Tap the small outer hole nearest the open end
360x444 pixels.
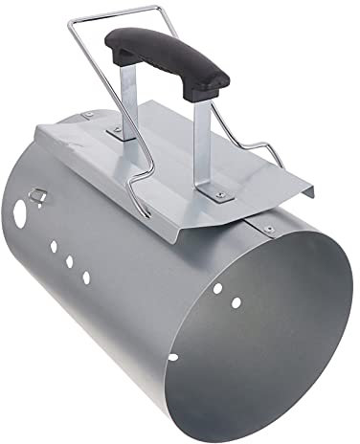pyautogui.click(x=86, y=277)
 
